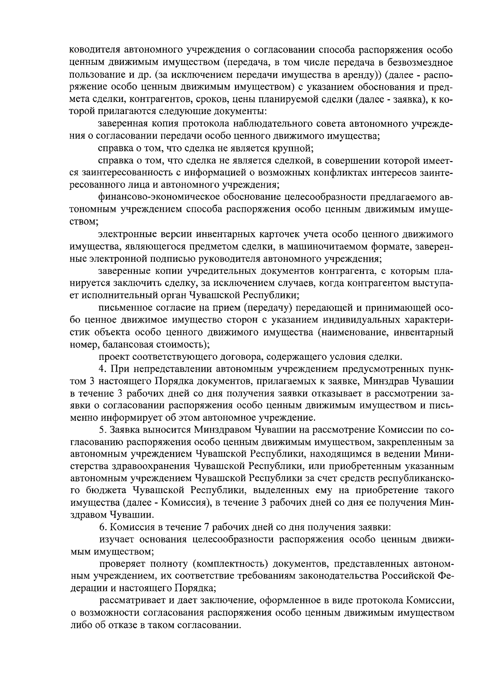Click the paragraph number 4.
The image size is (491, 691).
[x=102, y=369]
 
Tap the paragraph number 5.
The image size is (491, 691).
[x=102, y=430]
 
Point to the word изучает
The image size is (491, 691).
[x=115, y=539]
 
